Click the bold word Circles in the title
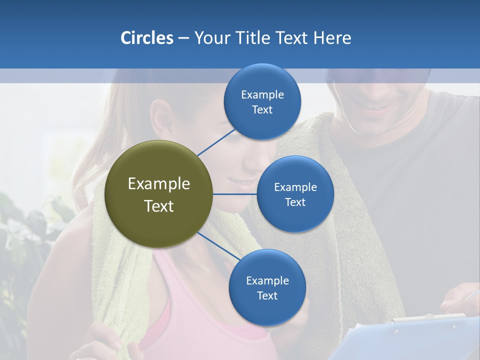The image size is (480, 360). (x=146, y=38)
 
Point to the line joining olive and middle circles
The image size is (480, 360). (x=235, y=194)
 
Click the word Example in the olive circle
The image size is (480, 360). (x=159, y=184)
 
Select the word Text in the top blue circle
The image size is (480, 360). (x=262, y=110)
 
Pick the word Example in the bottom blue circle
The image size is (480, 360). (x=267, y=280)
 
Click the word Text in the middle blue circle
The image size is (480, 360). (x=295, y=202)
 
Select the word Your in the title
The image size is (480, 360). (x=210, y=38)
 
